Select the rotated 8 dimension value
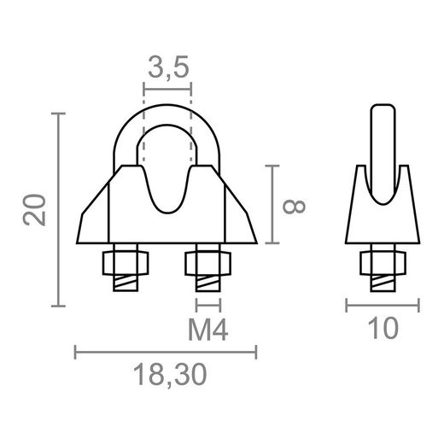coord(293,206)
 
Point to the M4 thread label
coord(207,329)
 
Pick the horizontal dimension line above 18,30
coord(166,350)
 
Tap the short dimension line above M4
coord(207,304)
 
